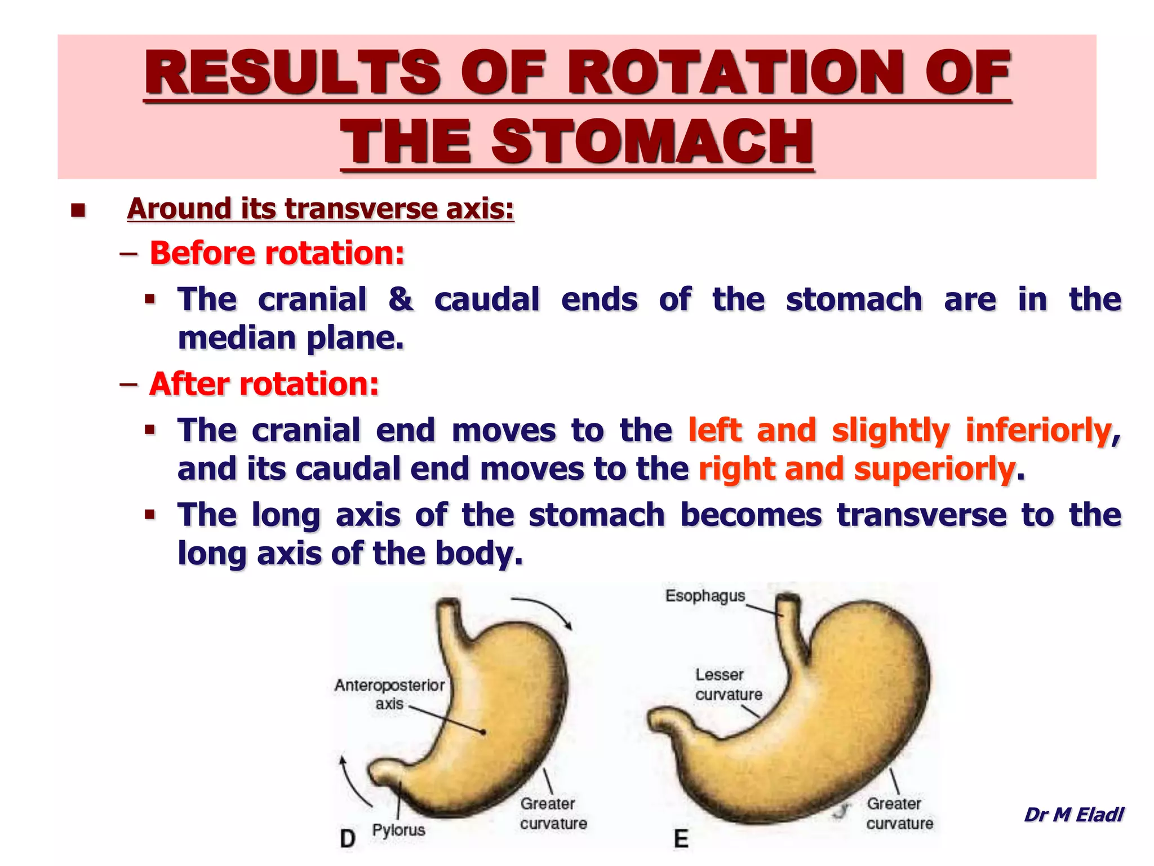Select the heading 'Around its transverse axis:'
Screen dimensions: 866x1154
tap(320, 209)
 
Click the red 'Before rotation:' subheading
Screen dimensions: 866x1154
tap(277, 253)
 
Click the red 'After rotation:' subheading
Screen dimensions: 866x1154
tap(264, 384)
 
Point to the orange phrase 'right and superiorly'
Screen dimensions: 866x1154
tap(856, 469)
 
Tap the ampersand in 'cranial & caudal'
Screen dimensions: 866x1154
tap(400, 299)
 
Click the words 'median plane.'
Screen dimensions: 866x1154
tap(291, 338)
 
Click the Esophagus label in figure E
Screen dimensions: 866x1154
tap(705, 596)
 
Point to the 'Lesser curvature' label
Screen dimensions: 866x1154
tap(727, 684)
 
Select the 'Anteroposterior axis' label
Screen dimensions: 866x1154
tap(389, 694)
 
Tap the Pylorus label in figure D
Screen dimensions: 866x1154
tap(398, 830)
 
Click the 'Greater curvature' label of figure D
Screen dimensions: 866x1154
tap(553, 814)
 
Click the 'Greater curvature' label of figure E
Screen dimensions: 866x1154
tap(899, 814)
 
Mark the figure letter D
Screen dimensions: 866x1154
tap(348, 838)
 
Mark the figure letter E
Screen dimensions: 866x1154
tap(681, 838)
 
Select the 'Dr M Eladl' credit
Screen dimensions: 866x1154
tap(1073, 815)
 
